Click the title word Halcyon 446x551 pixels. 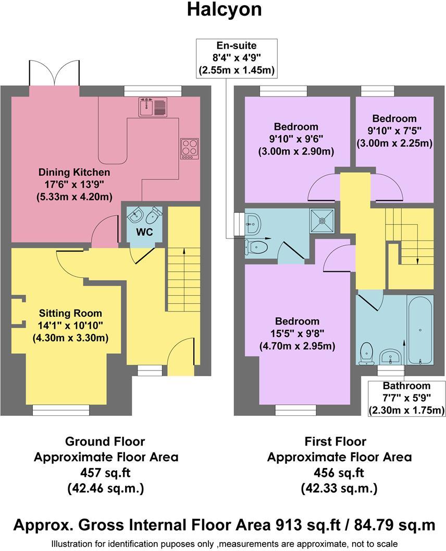(224, 10)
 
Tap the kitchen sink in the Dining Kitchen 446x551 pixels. (152, 106)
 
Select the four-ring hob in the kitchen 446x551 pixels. (189, 148)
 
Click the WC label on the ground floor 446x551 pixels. (144, 232)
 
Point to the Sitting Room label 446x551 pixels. (70, 314)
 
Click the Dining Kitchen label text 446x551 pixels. (75, 172)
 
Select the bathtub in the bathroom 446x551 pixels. (420, 330)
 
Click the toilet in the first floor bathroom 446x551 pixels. (367, 353)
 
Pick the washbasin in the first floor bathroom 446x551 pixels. (390, 357)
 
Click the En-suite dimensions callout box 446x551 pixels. (236, 58)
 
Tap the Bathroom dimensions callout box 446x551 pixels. (406, 398)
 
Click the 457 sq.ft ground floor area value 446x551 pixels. (106, 473)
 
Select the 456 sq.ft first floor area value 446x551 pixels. (339, 473)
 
